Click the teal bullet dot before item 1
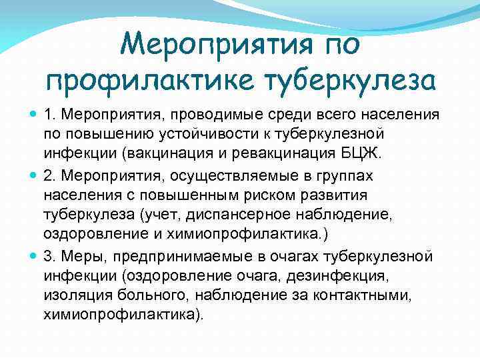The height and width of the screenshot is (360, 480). point(33,115)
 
